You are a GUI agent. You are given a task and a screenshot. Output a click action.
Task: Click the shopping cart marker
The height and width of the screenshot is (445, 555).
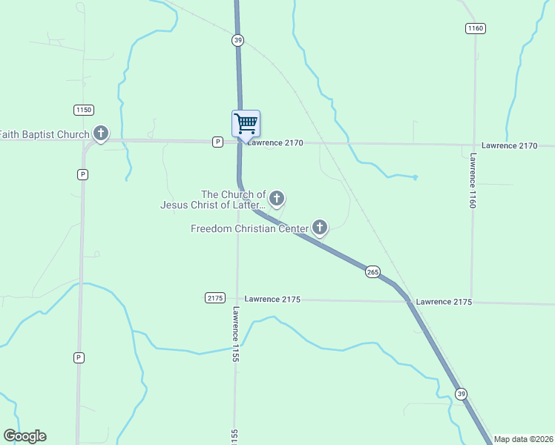pos(246,123)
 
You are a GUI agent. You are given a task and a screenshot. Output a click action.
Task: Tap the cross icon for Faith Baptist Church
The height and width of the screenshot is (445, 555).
pos(101,133)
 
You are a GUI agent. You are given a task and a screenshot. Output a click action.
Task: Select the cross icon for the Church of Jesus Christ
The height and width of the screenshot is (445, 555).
pos(277,197)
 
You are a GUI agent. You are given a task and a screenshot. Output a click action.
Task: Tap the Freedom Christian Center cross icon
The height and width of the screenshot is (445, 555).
pos(320,227)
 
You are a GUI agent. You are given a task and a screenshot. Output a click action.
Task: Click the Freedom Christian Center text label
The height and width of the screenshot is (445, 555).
pos(249,228)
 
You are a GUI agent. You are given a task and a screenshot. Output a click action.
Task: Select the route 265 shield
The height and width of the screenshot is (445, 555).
pos(372,272)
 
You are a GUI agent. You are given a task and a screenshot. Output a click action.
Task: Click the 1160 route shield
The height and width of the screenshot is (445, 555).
pos(476,28)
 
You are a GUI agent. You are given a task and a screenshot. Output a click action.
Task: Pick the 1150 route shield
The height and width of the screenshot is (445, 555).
pos(84,110)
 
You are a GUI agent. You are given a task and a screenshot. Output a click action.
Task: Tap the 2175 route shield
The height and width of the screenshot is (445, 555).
pos(214,298)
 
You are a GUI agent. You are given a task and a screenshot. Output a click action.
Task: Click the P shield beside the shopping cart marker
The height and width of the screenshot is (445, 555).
pos(217,142)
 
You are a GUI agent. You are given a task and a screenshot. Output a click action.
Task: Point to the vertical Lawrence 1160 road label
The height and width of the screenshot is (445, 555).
pos(473,180)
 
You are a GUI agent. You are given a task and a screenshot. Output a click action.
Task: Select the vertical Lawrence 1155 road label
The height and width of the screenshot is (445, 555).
pos(235,329)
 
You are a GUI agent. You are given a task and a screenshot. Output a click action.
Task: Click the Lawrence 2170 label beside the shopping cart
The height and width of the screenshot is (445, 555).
pos(275,142)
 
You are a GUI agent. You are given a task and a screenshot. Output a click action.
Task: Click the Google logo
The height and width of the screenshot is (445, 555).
pos(24,436)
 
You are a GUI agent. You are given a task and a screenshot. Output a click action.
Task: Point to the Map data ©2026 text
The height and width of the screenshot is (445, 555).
pos(523,439)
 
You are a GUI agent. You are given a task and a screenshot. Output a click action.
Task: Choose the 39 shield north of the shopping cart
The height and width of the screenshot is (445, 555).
pos(237,40)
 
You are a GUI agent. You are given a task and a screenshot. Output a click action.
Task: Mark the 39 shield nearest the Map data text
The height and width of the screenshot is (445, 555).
pos(462,394)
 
